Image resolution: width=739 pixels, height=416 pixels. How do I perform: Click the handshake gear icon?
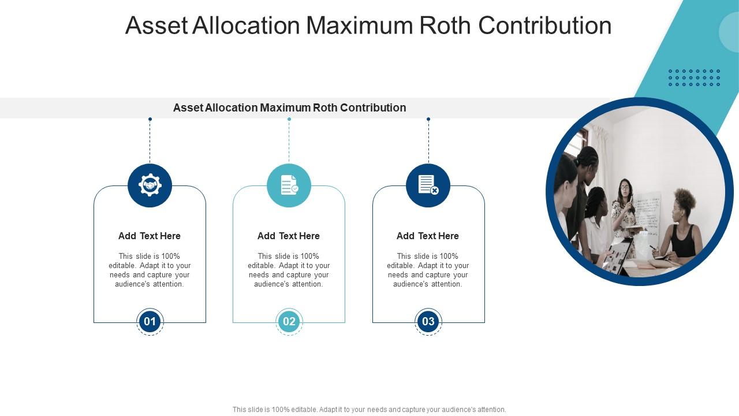[150, 185]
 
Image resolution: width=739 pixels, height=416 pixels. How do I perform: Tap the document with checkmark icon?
[289, 185]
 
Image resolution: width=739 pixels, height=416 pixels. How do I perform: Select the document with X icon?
[428, 185]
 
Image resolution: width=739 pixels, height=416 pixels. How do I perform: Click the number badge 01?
[150, 322]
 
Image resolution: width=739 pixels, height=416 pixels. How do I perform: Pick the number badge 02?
[289, 322]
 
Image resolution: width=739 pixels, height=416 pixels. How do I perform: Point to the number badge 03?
[428, 322]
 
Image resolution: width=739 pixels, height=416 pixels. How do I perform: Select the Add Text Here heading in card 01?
[150, 236]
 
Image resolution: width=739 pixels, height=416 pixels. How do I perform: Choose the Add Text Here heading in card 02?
[289, 236]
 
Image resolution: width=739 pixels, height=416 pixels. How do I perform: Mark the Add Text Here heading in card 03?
[428, 236]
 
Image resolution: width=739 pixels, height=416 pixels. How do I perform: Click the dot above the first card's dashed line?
[150, 119]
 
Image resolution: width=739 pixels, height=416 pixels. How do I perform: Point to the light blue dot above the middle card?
[289, 119]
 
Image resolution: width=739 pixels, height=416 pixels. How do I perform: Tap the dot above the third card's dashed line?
[428, 119]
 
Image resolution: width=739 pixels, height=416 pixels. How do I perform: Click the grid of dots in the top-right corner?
[694, 78]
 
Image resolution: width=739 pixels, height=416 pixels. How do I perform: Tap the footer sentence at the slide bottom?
[369, 410]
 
